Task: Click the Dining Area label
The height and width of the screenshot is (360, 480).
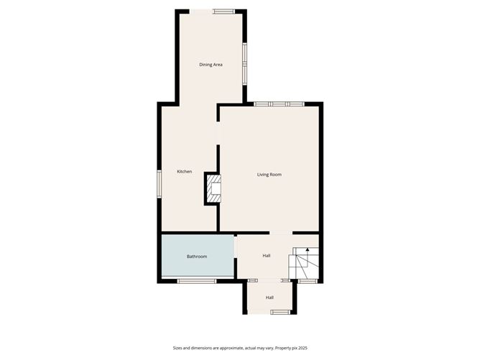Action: (x=211, y=65)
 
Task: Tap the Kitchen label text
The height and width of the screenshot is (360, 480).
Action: (x=185, y=172)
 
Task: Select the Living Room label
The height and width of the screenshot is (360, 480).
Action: (x=269, y=175)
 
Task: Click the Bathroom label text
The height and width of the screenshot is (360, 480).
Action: (x=197, y=257)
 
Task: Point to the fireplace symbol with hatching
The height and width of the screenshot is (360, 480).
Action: (x=213, y=188)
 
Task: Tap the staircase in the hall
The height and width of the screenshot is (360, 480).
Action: (x=304, y=263)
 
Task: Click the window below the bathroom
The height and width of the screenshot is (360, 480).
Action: (x=197, y=281)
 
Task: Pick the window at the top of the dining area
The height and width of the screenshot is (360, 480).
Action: (x=224, y=11)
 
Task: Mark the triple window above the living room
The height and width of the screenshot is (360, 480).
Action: (x=280, y=104)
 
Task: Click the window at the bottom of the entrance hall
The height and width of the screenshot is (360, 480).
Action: (x=280, y=313)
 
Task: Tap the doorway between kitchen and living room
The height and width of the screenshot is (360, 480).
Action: (x=218, y=133)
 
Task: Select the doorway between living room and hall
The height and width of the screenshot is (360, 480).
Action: (x=281, y=233)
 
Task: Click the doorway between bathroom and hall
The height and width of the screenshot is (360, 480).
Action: (x=236, y=247)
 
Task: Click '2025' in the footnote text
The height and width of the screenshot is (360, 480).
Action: (x=303, y=348)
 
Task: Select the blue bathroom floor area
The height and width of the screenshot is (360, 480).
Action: (x=198, y=256)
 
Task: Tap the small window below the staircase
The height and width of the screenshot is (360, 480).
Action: (x=308, y=281)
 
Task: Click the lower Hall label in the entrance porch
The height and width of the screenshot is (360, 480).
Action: (x=269, y=297)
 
